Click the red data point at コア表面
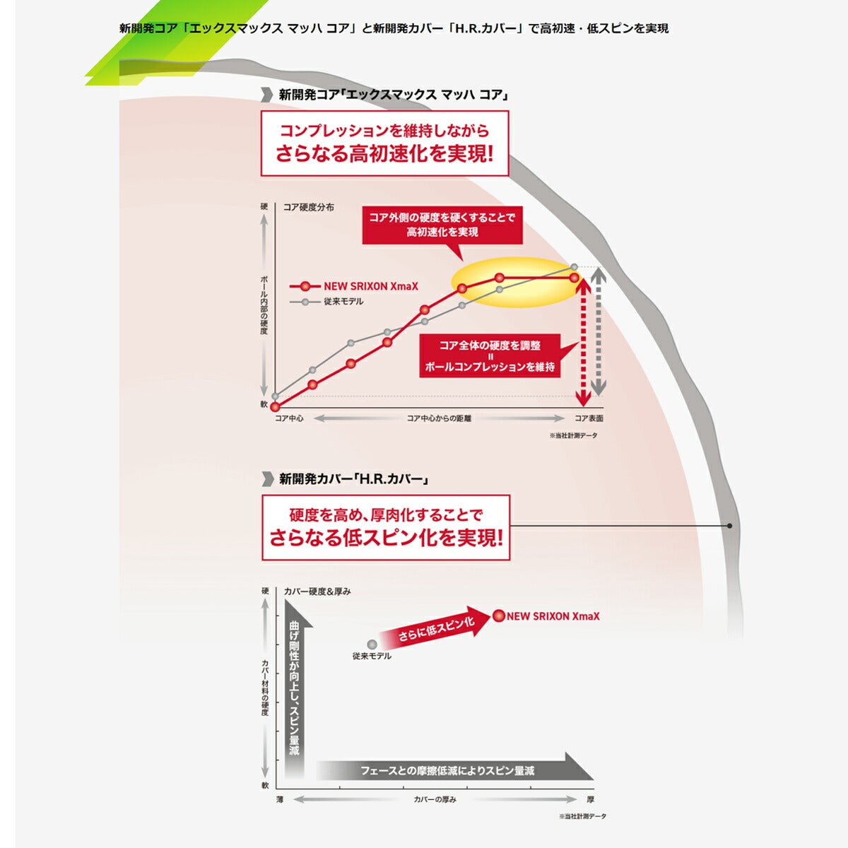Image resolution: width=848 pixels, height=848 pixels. (574, 278)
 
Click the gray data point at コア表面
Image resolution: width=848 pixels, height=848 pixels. (574, 266)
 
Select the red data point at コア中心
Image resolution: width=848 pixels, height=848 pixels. (275, 406)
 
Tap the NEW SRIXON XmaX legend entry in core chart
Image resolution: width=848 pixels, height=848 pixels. (354, 286)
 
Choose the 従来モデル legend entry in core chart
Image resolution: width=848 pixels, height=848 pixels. (326, 302)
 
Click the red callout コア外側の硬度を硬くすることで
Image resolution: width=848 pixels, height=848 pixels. (442, 225)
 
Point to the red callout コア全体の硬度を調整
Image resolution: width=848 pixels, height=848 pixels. (490, 355)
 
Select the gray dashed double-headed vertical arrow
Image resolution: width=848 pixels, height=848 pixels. (598, 332)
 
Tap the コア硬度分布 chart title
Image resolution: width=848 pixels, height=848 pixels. (309, 207)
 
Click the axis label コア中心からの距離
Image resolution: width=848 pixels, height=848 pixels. (439, 418)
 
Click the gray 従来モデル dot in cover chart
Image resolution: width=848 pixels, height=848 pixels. (372, 644)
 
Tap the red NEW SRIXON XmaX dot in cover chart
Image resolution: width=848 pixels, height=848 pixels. (499, 616)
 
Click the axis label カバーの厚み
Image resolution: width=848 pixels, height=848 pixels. (435, 799)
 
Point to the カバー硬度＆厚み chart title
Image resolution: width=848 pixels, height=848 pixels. (317, 591)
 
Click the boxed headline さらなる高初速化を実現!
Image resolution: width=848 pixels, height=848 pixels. (384, 154)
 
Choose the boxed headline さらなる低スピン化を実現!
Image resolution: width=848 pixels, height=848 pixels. (386, 538)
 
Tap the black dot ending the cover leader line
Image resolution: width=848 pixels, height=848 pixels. (729, 526)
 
